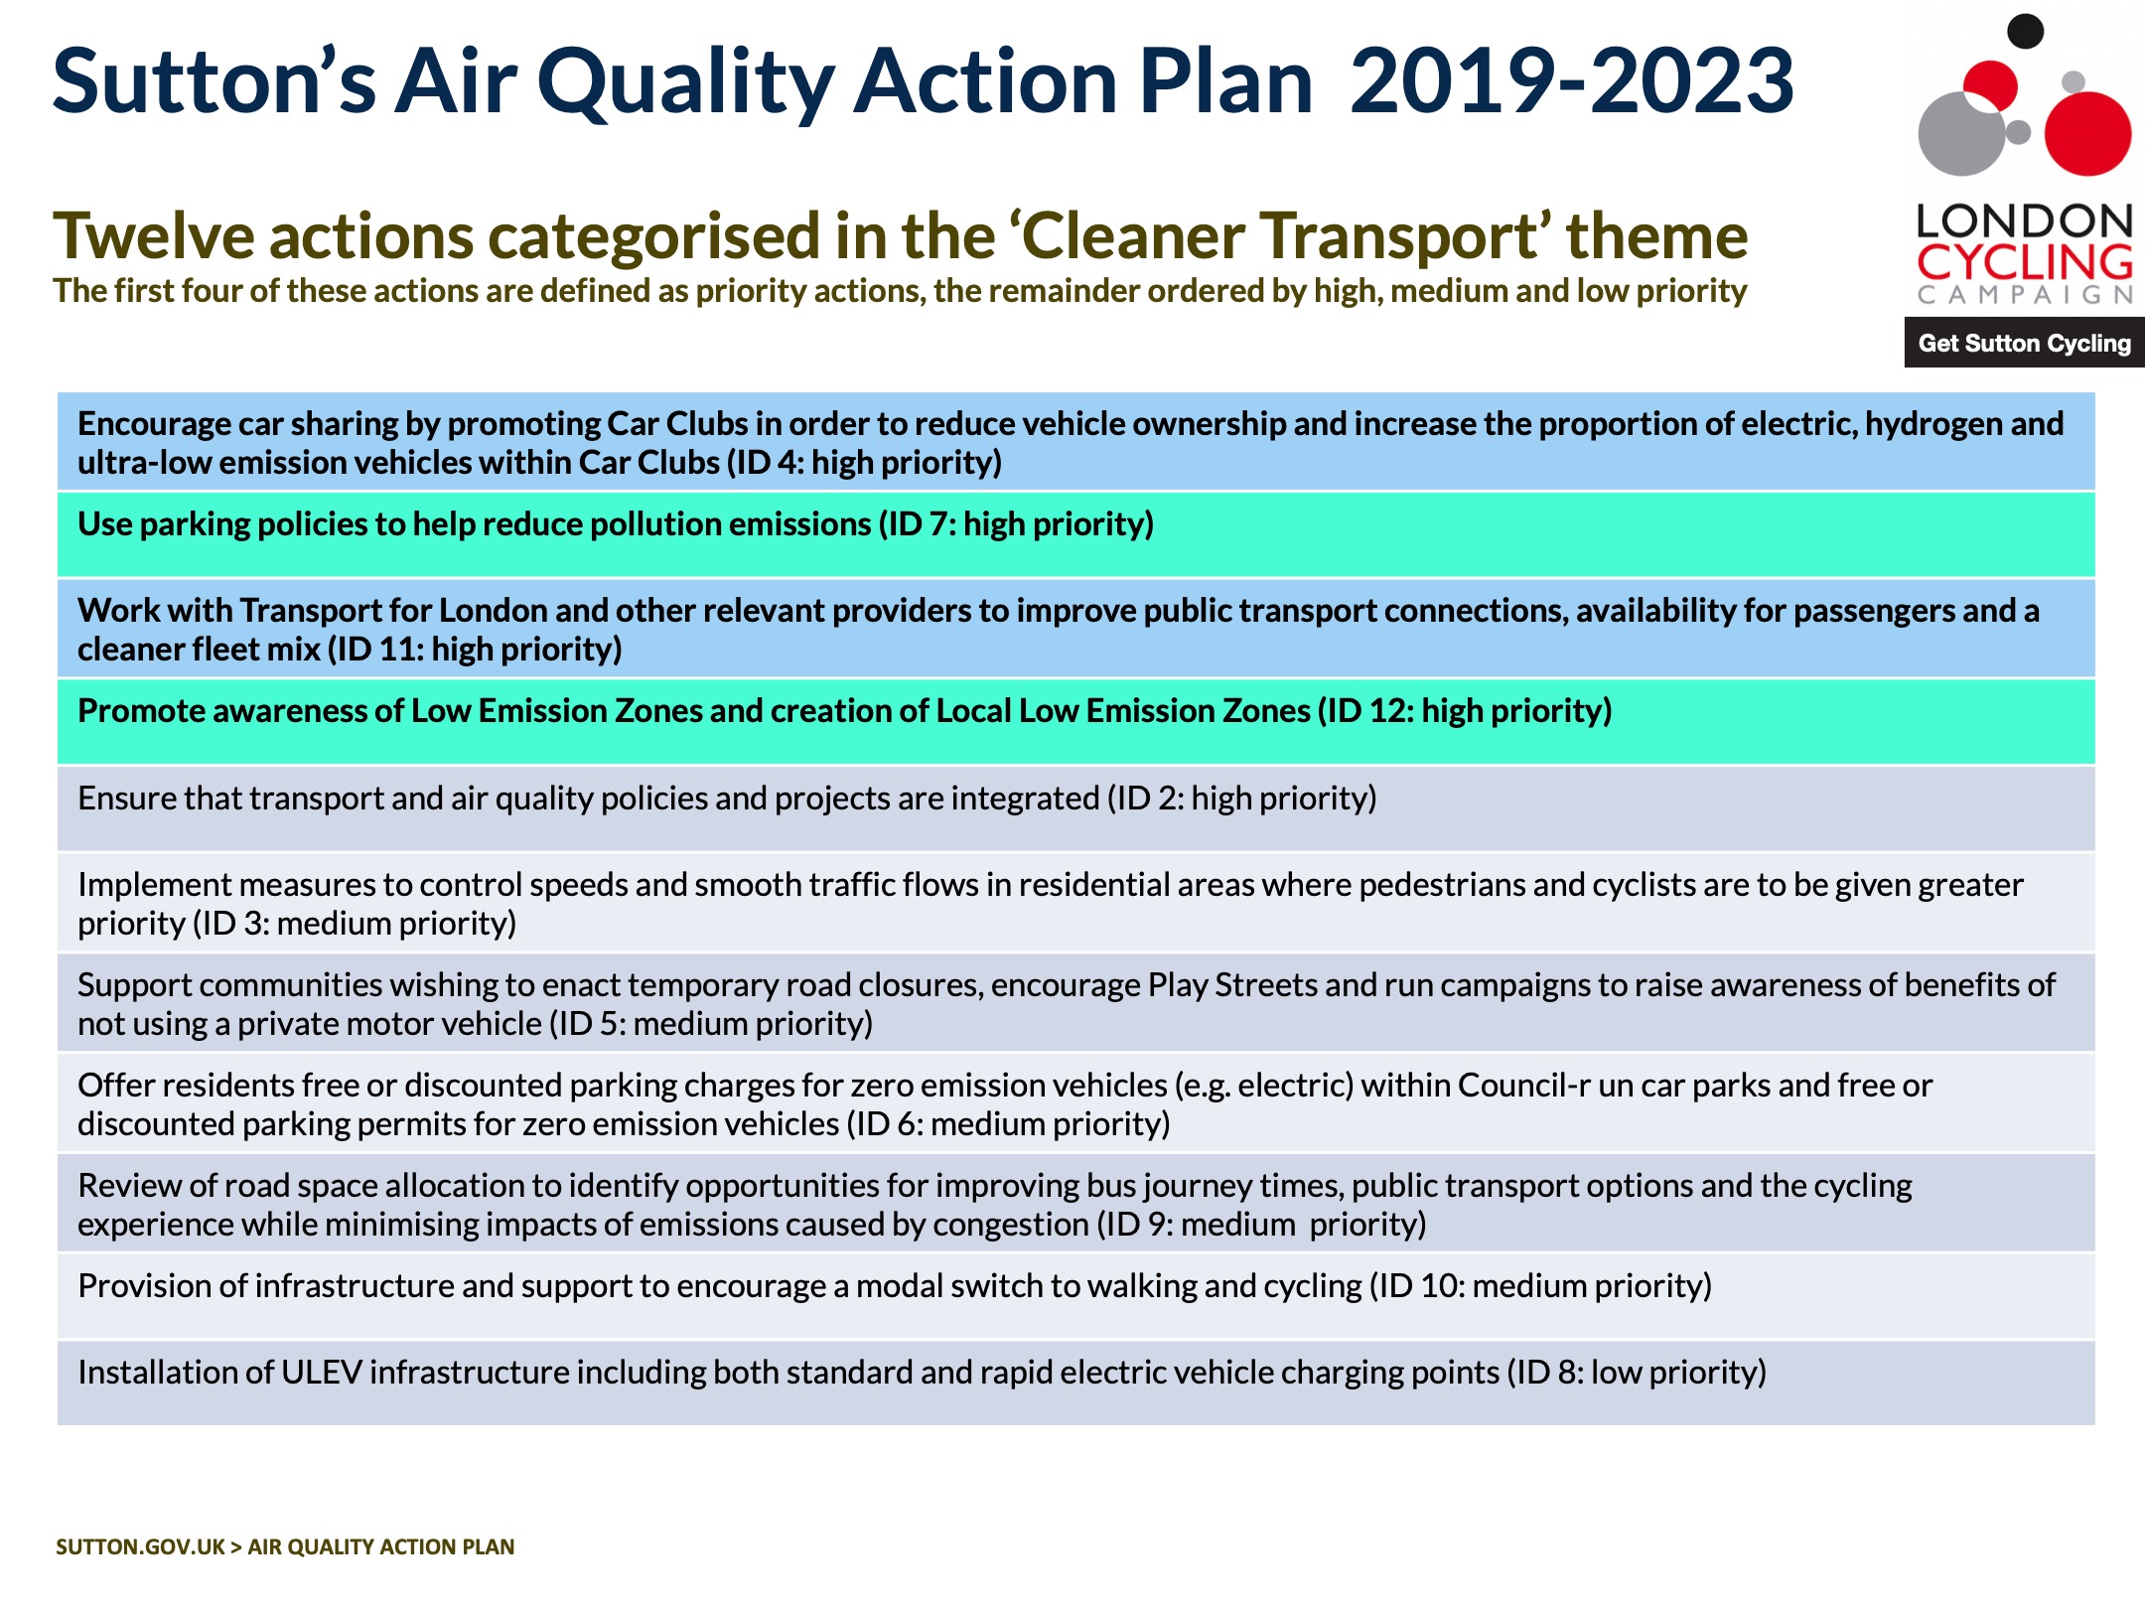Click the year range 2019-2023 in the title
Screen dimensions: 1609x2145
tap(1571, 81)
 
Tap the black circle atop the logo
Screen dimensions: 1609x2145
tap(2025, 30)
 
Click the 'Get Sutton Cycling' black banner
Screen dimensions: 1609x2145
tap(2024, 343)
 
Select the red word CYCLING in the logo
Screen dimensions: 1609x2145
tap(2024, 262)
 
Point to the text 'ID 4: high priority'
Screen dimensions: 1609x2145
tap(864, 463)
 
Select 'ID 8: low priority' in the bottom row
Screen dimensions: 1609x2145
tap(1637, 1373)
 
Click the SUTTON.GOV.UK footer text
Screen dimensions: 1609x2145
tap(140, 1546)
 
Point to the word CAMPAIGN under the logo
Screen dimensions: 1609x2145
tap(2024, 295)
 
